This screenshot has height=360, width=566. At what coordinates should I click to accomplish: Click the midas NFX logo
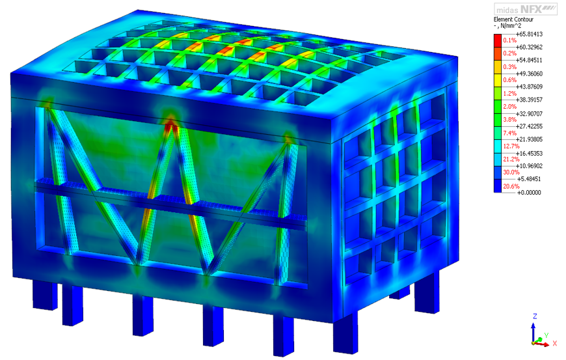point(526,9)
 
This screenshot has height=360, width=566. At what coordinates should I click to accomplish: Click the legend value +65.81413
point(529,34)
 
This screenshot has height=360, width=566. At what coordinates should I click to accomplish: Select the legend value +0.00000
point(529,193)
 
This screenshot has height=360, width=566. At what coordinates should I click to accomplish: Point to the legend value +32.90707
point(529,113)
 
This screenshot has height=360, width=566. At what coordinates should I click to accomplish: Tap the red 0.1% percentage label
point(509,40)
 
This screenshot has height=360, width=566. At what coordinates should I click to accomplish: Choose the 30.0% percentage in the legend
point(511,173)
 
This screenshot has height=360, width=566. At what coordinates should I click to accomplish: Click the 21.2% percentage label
point(511,159)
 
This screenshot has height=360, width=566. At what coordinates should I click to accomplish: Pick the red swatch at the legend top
point(498,40)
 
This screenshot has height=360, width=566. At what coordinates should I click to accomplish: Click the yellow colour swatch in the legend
point(498,80)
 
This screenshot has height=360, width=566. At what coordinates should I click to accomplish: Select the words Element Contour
point(513,20)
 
